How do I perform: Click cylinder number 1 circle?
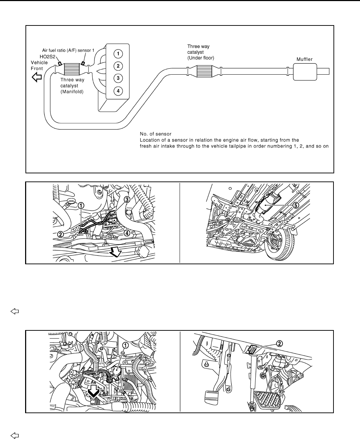coord(118,53)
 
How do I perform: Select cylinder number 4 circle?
coord(118,91)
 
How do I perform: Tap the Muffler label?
coord(304,59)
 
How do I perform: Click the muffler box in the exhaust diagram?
coord(305,71)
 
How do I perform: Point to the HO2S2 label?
coord(46,56)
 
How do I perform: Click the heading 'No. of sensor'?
coord(156,134)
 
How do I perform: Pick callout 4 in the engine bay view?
coord(126,233)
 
